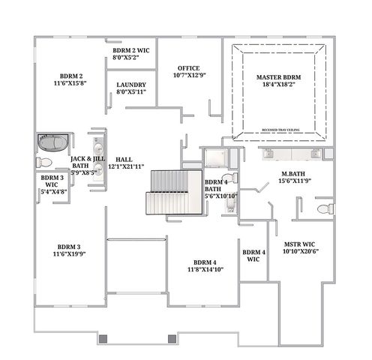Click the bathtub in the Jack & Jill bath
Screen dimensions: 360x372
coord(53,142)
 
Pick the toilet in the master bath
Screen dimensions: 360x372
coord(325,208)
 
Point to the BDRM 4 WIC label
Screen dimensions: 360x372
coord(253,256)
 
